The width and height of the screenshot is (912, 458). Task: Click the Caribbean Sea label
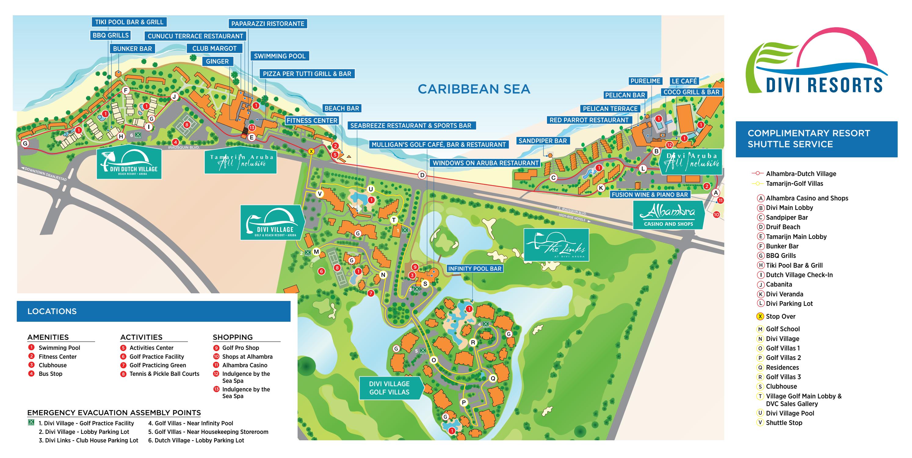pyautogui.click(x=474, y=89)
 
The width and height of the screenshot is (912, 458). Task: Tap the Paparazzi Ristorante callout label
pyautogui.click(x=268, y=24)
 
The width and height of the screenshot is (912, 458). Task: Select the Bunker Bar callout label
pyautogui.click(x=132, y=49)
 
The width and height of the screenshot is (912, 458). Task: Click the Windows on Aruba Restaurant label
pyautogui.click(x=485, y=163)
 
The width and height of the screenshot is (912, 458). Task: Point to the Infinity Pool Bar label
pyautogui.click(x=475, y=268)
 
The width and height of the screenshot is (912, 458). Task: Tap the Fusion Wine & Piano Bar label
pyautogui.click(x=650, y=194)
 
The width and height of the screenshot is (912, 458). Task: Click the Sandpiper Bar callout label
pyautogui.click(x=542, y=141)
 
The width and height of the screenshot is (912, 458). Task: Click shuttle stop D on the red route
pyautogui.click(x=422, y=175)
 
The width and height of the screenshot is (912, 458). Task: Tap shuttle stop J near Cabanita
pyautogui.click(x=174, y=97)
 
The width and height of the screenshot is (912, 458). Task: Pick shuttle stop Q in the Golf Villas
pyautogui.click(x=493, y=378)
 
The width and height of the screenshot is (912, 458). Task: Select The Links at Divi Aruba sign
pyautogui.click(x=556, y=245)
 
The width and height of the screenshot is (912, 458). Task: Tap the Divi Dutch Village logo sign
pyautogui.click(x=129, y=163)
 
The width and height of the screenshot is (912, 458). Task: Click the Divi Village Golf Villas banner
pyautogui.click(x=389, y=388)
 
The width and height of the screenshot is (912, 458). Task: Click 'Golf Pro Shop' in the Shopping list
pyautogui.click(x=241, y=348)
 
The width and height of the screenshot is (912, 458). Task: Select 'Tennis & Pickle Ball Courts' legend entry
pyautogui.click(x=164, y=374)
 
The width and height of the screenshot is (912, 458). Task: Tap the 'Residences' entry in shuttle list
pyautogui.click(x=782, y=367)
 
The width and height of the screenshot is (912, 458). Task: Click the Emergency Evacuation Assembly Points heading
pyautogui.click(x=114, y=412)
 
